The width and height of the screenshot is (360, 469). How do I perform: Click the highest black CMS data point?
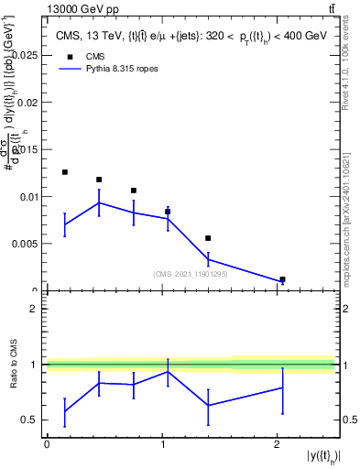pyautogui.click(x=65, y=172)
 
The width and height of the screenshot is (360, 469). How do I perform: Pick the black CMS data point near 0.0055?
pyautogui.click(x=208, y=238)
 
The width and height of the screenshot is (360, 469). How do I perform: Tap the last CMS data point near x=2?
pyautogui.click(x=282, y=279)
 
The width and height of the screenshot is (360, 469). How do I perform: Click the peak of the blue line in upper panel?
pyautogui.click(x=99, y=202)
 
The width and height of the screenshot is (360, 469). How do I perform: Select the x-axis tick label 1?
pyautogui.click(x=162, y=444)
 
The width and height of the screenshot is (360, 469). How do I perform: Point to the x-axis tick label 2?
pyautogui.click(x=278, y=444)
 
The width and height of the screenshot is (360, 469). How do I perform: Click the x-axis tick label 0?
pyautogui.click(x=47, y=444)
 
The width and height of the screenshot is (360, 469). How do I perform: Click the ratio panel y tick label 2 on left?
pyautogui.click(x=34, y=309)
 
